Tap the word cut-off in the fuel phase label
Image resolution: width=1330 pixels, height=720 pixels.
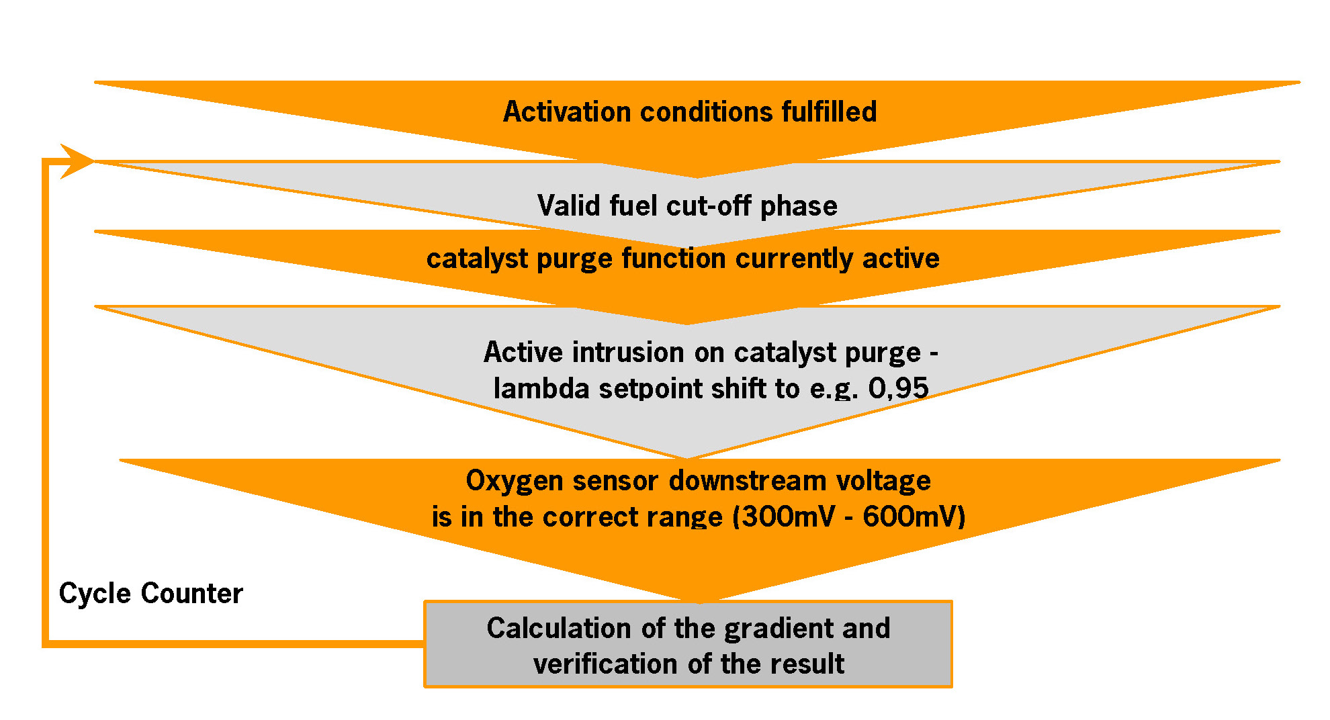tap(708, 206)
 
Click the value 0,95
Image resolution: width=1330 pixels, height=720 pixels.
tap(898, 388)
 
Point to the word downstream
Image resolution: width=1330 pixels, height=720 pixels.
tap(747, 481)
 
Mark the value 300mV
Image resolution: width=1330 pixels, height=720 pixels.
tap(788, 516)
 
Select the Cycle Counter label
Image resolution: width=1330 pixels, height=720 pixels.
tap(150, 594)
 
